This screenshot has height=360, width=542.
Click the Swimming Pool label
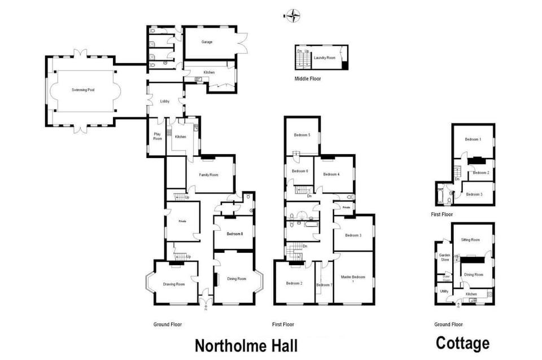[x=83, y=90]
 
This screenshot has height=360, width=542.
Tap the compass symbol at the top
[x=293, y=15]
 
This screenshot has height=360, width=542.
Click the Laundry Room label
[x=325, y=58]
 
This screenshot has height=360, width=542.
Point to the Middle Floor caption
[x=308, y=78]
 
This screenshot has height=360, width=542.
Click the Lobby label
[x=165, y=101]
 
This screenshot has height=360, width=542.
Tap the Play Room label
[x=157, y=136]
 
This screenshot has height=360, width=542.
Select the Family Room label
[x=208, y=175]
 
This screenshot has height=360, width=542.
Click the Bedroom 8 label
[x=234, y=233]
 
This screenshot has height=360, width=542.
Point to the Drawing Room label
[x=174, y=284]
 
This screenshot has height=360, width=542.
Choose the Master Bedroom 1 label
[x=354, y=279]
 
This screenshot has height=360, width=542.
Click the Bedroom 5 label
[x=302, y=135]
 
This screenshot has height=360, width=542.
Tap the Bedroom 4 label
[x=331, y=174]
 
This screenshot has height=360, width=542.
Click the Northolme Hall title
[x=246, y=345]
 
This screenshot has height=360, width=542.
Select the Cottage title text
[x=462, y=343]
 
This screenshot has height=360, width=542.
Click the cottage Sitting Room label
[x=470, y=240]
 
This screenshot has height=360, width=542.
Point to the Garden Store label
[x=445, y=257]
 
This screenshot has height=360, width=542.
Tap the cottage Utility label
[x=444, y=291]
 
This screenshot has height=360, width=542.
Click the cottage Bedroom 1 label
[x=473, y=139]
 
